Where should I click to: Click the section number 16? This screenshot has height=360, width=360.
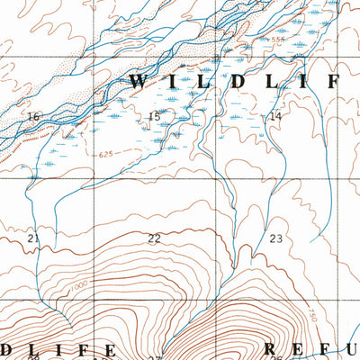[x=34, y=117]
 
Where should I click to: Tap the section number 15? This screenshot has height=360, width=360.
[x=154, y=117]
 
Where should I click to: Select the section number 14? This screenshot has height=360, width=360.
[x=275, y=117]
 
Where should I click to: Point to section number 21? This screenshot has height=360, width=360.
[x=34, y=238]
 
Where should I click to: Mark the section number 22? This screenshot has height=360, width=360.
[x=154, y=238]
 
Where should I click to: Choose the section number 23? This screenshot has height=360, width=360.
[x=275, y=238]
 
